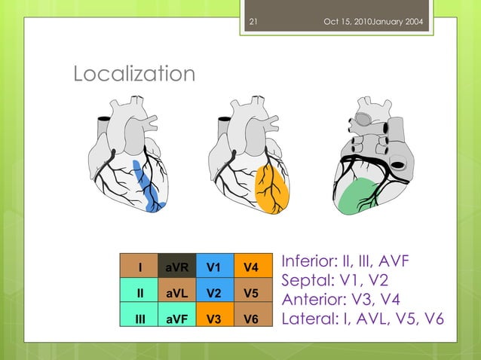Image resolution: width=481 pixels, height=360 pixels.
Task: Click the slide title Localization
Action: [x=133, y=75]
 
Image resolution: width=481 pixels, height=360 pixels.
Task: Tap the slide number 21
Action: [x=253, y=21]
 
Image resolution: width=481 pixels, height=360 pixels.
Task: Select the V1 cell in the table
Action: [x=214, y=267]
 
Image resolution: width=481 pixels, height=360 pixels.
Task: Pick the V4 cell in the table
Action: [x=250, y=267]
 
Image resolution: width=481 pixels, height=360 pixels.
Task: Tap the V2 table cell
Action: [x=214, y=292]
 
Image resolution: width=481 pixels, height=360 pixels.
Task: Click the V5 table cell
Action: [x=250, y=292]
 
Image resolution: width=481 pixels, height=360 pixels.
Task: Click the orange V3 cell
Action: [x=214, y=319]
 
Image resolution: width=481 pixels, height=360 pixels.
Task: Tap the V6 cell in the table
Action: [x=250, y=319]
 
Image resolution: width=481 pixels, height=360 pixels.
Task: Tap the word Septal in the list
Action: [x=302, y=281]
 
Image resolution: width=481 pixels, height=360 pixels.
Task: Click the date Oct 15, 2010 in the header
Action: [x=352, y=21]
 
